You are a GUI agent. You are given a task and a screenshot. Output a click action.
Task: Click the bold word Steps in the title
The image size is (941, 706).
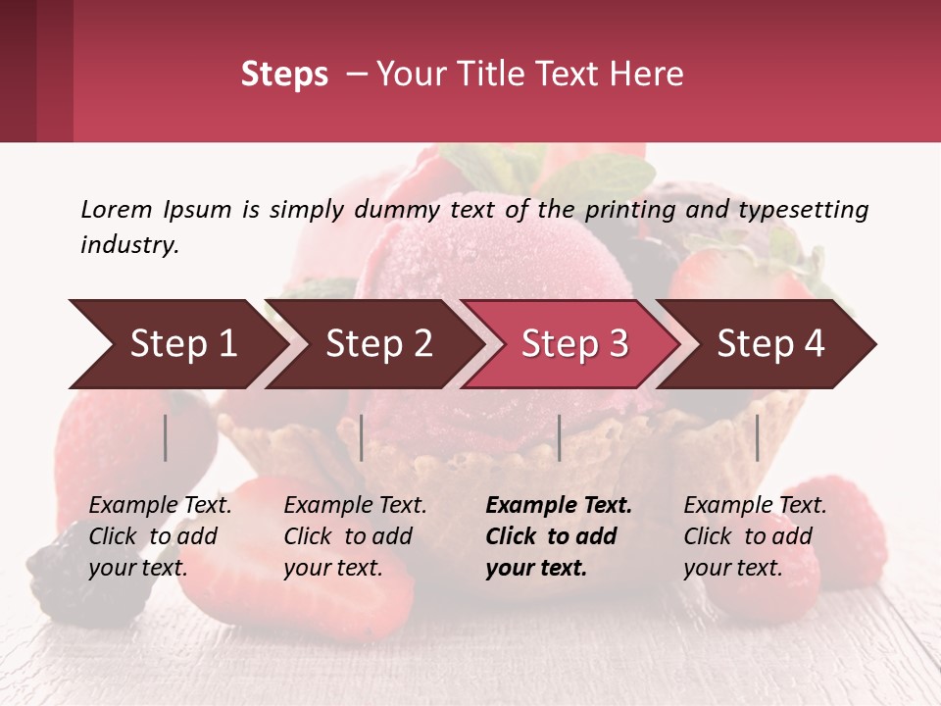pyautogui.click(x=284, y=75)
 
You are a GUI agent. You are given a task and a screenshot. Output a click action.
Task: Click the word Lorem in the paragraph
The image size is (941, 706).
pyautogui.click(x=116, y=209)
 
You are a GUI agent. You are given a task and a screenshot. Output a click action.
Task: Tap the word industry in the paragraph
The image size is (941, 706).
pyautogui.click(x=129, y=244)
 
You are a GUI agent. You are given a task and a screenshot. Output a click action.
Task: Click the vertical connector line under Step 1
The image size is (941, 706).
pyautogui.click(x=166, y=437)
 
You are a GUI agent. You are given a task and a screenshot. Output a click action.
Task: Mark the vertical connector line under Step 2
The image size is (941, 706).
pyautogui.click(x=362, y=437)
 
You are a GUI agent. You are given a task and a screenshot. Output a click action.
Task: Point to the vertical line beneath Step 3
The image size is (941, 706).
pyautogui.click(x=559, y=437)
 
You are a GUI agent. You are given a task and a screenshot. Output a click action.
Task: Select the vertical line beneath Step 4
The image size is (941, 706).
pyautogui.click(x=757, y=437)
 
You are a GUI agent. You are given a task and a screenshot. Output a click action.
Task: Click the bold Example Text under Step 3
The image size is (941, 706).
pyautogui.click(x=559, y=506)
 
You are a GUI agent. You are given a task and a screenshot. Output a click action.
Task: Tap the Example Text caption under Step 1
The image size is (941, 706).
pyautogui.click(x=160, y=506)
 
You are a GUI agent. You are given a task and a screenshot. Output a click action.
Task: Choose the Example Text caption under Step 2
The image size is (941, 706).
pyautogui.click(x=355, y=506)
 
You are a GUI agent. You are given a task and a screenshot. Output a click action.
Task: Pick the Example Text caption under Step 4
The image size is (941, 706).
pyautogui.click(x=755, y=506)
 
